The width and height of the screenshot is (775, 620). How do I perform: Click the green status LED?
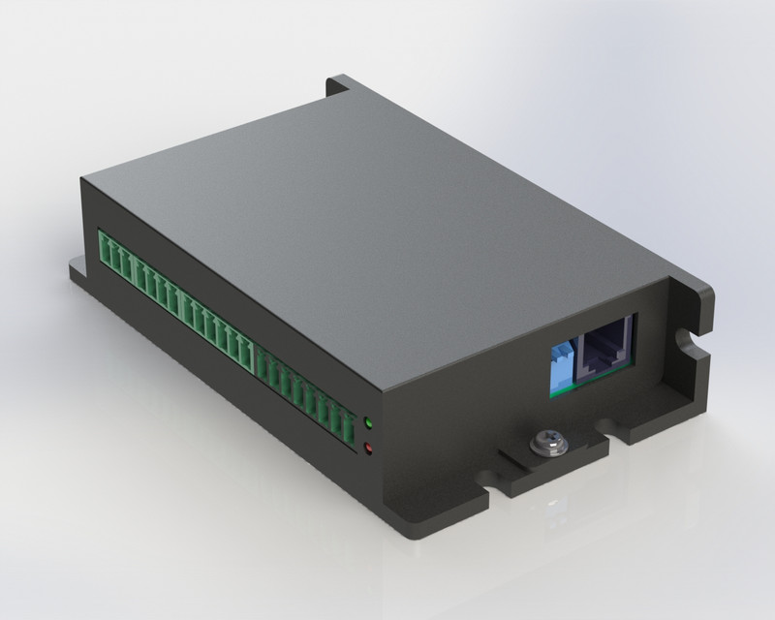point(368,423)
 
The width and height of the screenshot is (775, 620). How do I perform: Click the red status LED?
point(368,447)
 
